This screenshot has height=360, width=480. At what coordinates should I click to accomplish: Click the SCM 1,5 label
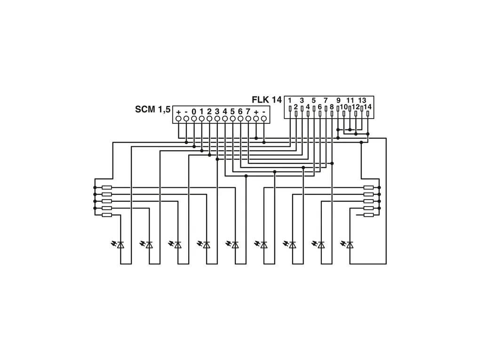(x=152, y=110)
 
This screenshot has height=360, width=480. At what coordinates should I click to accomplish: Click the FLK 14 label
(x=266, y=100)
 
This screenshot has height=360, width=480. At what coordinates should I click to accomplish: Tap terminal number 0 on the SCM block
(x=193, y=112)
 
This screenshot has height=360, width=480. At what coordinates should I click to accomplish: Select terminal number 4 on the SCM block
(x=225, y=112)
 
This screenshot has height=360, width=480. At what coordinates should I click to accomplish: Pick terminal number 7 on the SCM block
(x=248, y=112)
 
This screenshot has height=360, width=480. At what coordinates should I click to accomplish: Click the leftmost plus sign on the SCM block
(x=178, y=112)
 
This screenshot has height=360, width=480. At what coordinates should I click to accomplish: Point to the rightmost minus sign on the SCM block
(x=264, y=112)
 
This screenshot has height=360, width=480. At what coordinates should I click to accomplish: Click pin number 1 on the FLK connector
(x=290, y=100)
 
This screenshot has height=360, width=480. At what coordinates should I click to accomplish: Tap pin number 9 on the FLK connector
(x=338, y=100)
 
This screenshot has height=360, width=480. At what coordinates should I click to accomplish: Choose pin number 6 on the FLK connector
(x=320, y=107)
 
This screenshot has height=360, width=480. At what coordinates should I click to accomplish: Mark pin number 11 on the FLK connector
(x=350, y=100)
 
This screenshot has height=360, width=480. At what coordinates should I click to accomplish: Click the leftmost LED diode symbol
(x=120, y=245)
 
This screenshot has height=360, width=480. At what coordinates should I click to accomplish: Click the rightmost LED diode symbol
(x=350, y=245)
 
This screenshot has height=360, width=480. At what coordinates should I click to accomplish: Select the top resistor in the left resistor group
(x=107, y=187)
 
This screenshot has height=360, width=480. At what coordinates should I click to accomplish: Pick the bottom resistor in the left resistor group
(x=107, y=215)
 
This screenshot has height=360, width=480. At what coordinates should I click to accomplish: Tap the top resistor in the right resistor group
(x=368, y=187)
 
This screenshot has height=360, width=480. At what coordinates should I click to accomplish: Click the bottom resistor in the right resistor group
(x=368, y=215)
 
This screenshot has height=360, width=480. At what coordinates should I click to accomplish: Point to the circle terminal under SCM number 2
(x=209, y=119)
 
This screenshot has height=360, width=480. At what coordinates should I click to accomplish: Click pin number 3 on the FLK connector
(x=302, y=100)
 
